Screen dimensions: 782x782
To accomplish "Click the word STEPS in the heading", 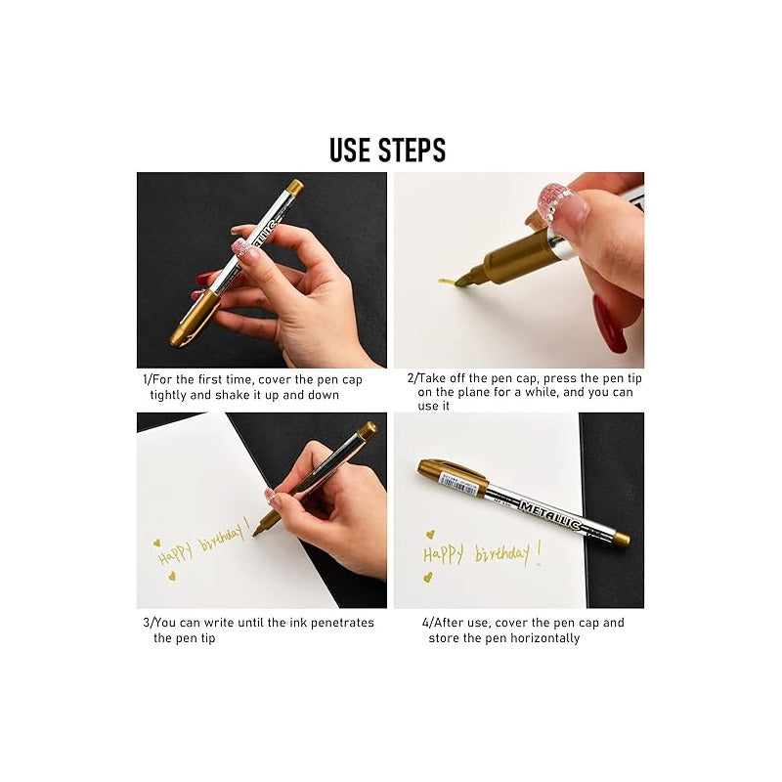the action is pos(412,151).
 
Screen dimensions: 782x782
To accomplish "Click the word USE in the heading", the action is pos(350,151).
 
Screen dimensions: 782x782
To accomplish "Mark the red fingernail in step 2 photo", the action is pos(609,324).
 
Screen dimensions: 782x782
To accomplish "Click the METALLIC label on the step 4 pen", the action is pos(550,515).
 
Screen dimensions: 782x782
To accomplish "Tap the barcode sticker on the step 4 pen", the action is pos(457,482).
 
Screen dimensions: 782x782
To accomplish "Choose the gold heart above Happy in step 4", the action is pos(430,535).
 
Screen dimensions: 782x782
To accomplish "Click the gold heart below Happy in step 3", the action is pos(172,576).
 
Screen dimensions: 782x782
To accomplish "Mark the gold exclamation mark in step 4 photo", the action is pos(539,553).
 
